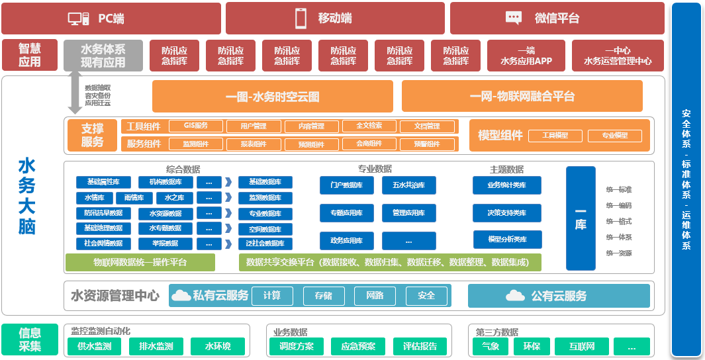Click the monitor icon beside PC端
[x=79, y=19]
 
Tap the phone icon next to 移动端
[x=301, y=19]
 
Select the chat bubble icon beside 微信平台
[x=514, y=19]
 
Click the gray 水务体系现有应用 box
[x=103, y=56]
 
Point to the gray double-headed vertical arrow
[x=73, y=93]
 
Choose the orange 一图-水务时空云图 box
[x=272, y=97]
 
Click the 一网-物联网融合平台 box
[x=522, y=97]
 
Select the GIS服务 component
[x=195, y=126]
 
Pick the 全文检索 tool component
[x=369, y=126]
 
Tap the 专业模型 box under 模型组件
[x=615, y=136]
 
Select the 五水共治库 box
[x=408, y=185]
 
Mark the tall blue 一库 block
[x=581, y=218]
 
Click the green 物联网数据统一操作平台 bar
[x=140, y=263]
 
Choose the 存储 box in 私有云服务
[x=323, y=296]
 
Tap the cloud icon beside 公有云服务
[x=515, y=296]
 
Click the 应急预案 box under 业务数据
[x=358, y=346]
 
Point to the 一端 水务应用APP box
[x=526, y=56]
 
